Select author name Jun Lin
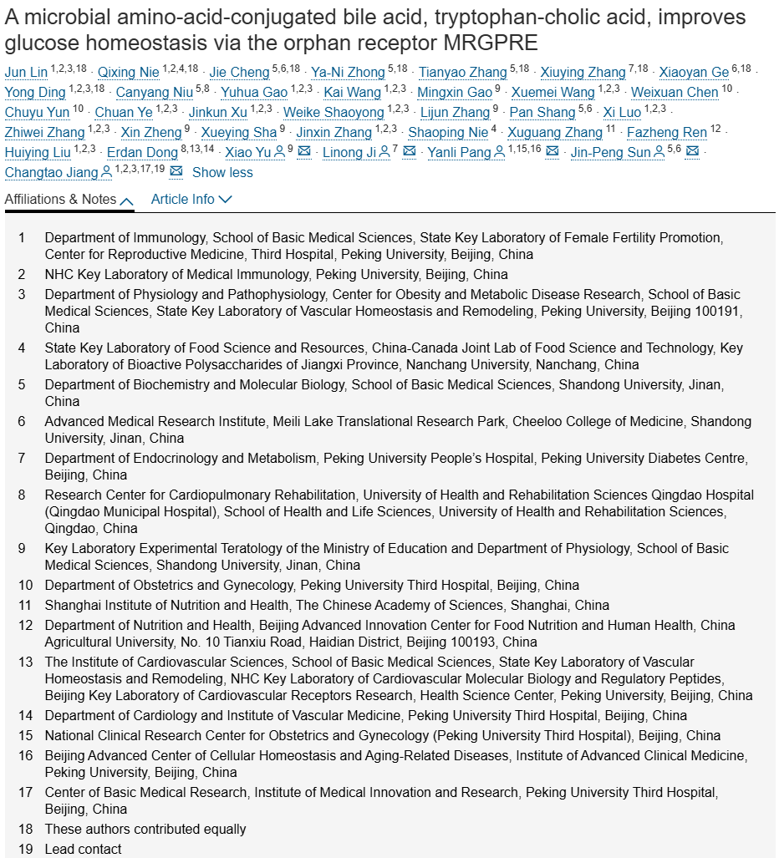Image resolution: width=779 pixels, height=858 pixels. coord(26,73)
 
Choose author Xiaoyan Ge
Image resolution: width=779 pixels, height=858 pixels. coord(695,73)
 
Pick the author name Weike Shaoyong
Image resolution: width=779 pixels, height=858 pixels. coord(333,113)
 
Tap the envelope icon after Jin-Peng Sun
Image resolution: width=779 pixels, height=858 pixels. coord(693,152)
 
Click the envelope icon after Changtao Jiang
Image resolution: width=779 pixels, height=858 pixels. coord(176,172)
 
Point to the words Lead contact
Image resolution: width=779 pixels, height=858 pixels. coord(83,850)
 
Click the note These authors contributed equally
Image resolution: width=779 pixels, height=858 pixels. coord(145,830)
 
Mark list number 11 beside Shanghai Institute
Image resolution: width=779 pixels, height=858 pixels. coord(26,606)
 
